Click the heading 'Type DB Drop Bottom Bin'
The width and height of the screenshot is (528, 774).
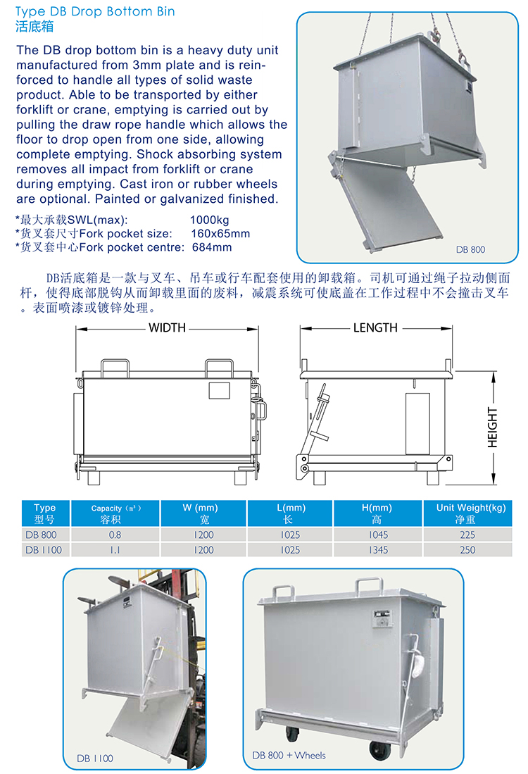pos(95,11)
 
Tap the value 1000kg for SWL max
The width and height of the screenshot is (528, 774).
pos(209,220)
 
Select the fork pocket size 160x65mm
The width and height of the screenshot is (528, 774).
pos(220,234)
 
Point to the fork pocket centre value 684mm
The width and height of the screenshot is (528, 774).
pos(212,247)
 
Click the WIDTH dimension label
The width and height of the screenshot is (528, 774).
pos(168,327)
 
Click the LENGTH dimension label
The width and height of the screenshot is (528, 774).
pos(375,327)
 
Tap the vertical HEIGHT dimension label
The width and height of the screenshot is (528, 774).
pos(493,427)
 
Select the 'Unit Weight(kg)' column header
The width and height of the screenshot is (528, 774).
pos(471,508)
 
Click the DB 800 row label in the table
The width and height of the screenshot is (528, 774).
pos(41,535)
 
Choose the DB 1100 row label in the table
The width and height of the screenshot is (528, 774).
pos(44,550)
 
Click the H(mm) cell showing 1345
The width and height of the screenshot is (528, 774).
pos(378,550)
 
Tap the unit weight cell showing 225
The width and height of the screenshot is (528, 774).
pos(467,535)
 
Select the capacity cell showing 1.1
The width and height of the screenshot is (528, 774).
pos(115,550)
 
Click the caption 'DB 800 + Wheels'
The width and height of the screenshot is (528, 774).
pos(289,755)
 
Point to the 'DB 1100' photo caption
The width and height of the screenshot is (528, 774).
pos(95,759)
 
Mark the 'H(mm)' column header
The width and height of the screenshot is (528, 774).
pos(377,508)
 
